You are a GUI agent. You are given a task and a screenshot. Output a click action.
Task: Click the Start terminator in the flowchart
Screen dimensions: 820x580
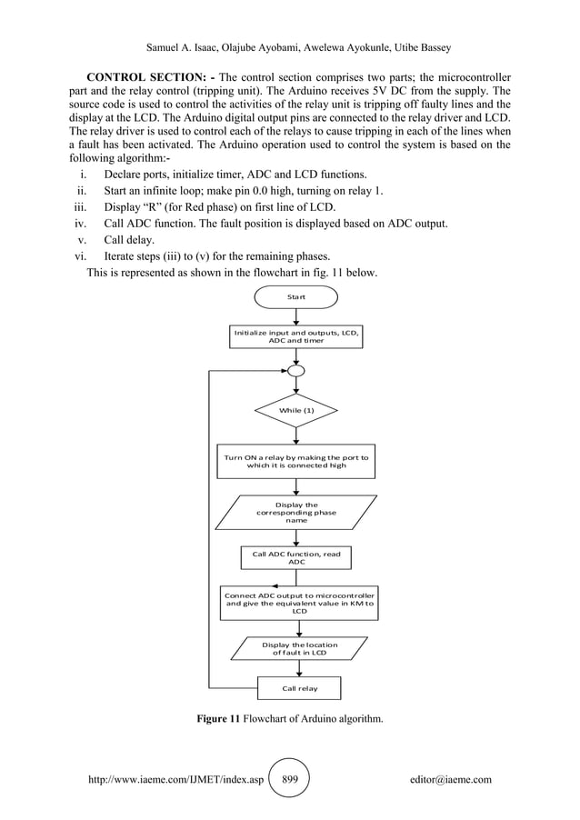click(x=296, y=297)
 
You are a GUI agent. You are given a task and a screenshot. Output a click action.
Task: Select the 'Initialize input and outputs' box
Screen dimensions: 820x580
click(x=296, y=336)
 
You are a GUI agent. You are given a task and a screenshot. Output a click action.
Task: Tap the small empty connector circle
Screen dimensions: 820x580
click(x=296, y=371)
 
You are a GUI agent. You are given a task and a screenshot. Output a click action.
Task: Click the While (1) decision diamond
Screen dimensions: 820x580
click(x=296, y=411)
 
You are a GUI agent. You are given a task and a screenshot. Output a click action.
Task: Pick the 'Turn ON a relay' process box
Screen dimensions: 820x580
click(x=296, y=461)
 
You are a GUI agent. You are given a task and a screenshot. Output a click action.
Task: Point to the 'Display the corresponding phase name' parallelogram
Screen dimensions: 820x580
click(x=296, y=513)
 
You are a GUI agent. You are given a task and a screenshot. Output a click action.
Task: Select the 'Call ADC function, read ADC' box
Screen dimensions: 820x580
click(x=296, y=557)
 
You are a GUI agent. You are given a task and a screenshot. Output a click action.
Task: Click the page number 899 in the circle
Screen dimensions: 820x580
click(x=291, y=780)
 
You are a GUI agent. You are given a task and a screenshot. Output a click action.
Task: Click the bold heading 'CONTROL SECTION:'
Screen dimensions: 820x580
click(x=150, y=75)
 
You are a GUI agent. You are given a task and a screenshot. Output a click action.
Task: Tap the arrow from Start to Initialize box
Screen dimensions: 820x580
click(x=296, y=316)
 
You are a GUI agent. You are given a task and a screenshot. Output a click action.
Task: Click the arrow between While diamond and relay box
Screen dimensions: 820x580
click(x=296, y=435)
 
